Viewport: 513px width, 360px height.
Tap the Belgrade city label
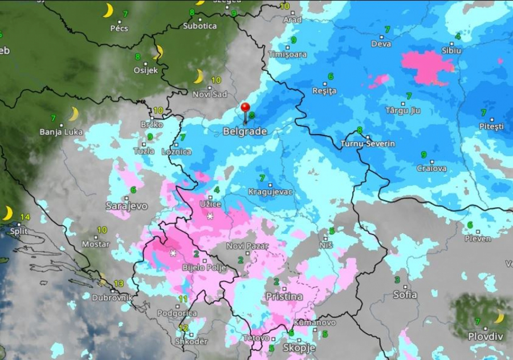click(245, 132)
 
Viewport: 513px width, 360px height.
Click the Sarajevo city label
click(127, 206)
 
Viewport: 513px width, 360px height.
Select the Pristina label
click(284, 297)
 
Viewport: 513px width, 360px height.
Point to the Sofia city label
click(405, 295)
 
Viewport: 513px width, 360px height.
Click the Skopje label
click(298, 348)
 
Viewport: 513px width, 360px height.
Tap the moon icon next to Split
click(7, 213)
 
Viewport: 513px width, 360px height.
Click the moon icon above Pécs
click(108, 10)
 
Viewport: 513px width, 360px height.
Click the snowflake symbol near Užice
click(210, 216)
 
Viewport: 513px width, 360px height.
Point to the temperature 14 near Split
click(25, 217)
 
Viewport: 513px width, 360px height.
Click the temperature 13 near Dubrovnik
click(119, 284)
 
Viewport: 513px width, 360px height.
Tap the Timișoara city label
click(288, 54)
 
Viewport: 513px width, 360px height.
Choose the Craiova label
click(431, 168)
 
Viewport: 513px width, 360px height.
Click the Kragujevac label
click(270, 192)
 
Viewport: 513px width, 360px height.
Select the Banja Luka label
click(61, 132)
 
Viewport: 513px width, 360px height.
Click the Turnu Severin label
click(368, 144)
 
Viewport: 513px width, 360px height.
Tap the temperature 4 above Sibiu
click(458, 37)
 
